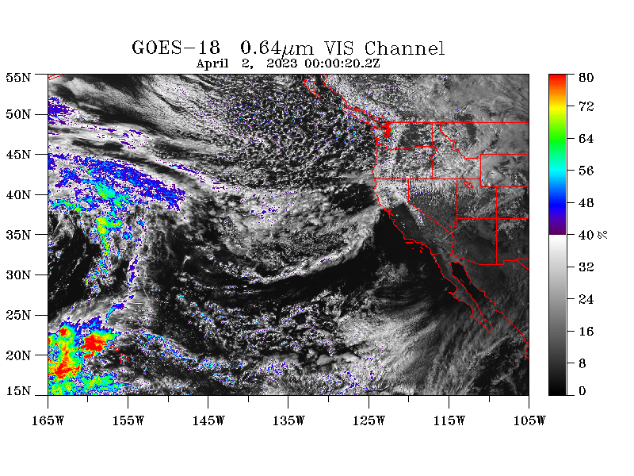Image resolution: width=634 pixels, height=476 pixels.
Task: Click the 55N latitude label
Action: (x=18, y=77)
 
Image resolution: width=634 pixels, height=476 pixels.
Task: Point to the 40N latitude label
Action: (x=18, y=194)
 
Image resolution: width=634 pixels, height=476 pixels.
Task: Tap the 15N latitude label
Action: (x=18, y=390)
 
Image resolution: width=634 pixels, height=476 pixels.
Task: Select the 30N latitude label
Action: (x=18, y=274)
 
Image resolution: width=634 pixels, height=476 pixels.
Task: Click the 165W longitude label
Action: (x=48, y=420)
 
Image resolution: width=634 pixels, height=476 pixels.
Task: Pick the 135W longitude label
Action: (x=288, y=420)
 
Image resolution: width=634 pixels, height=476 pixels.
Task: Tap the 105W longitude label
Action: (x=529, y=420)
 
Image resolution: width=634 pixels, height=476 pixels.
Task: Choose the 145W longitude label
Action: (x=208, y=420)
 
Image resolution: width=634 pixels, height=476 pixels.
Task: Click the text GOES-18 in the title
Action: (x=176, y=48)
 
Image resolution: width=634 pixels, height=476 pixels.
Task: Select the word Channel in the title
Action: (x=404, y=48)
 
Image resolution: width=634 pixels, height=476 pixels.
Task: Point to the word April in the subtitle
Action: (x=212, y=64)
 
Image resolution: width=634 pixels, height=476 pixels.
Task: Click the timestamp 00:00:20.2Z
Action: (x=342, y=63)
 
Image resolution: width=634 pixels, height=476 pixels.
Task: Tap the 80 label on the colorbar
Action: (x=586, y=77)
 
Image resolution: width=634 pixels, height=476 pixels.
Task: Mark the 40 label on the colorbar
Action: (x=586, y=235)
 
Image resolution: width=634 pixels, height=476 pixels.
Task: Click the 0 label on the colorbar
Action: (x=582, y=390)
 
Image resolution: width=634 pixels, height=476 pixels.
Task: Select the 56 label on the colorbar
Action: (x=586, y=171)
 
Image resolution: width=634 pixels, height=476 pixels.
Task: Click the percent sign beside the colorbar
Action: (x=602, y=235)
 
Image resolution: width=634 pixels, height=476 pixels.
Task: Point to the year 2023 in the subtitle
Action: (x=281, y=63)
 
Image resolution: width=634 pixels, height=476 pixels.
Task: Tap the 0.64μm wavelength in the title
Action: (x=277, y=48)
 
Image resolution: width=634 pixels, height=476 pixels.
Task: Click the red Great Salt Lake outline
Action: (x=468, y=185)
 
